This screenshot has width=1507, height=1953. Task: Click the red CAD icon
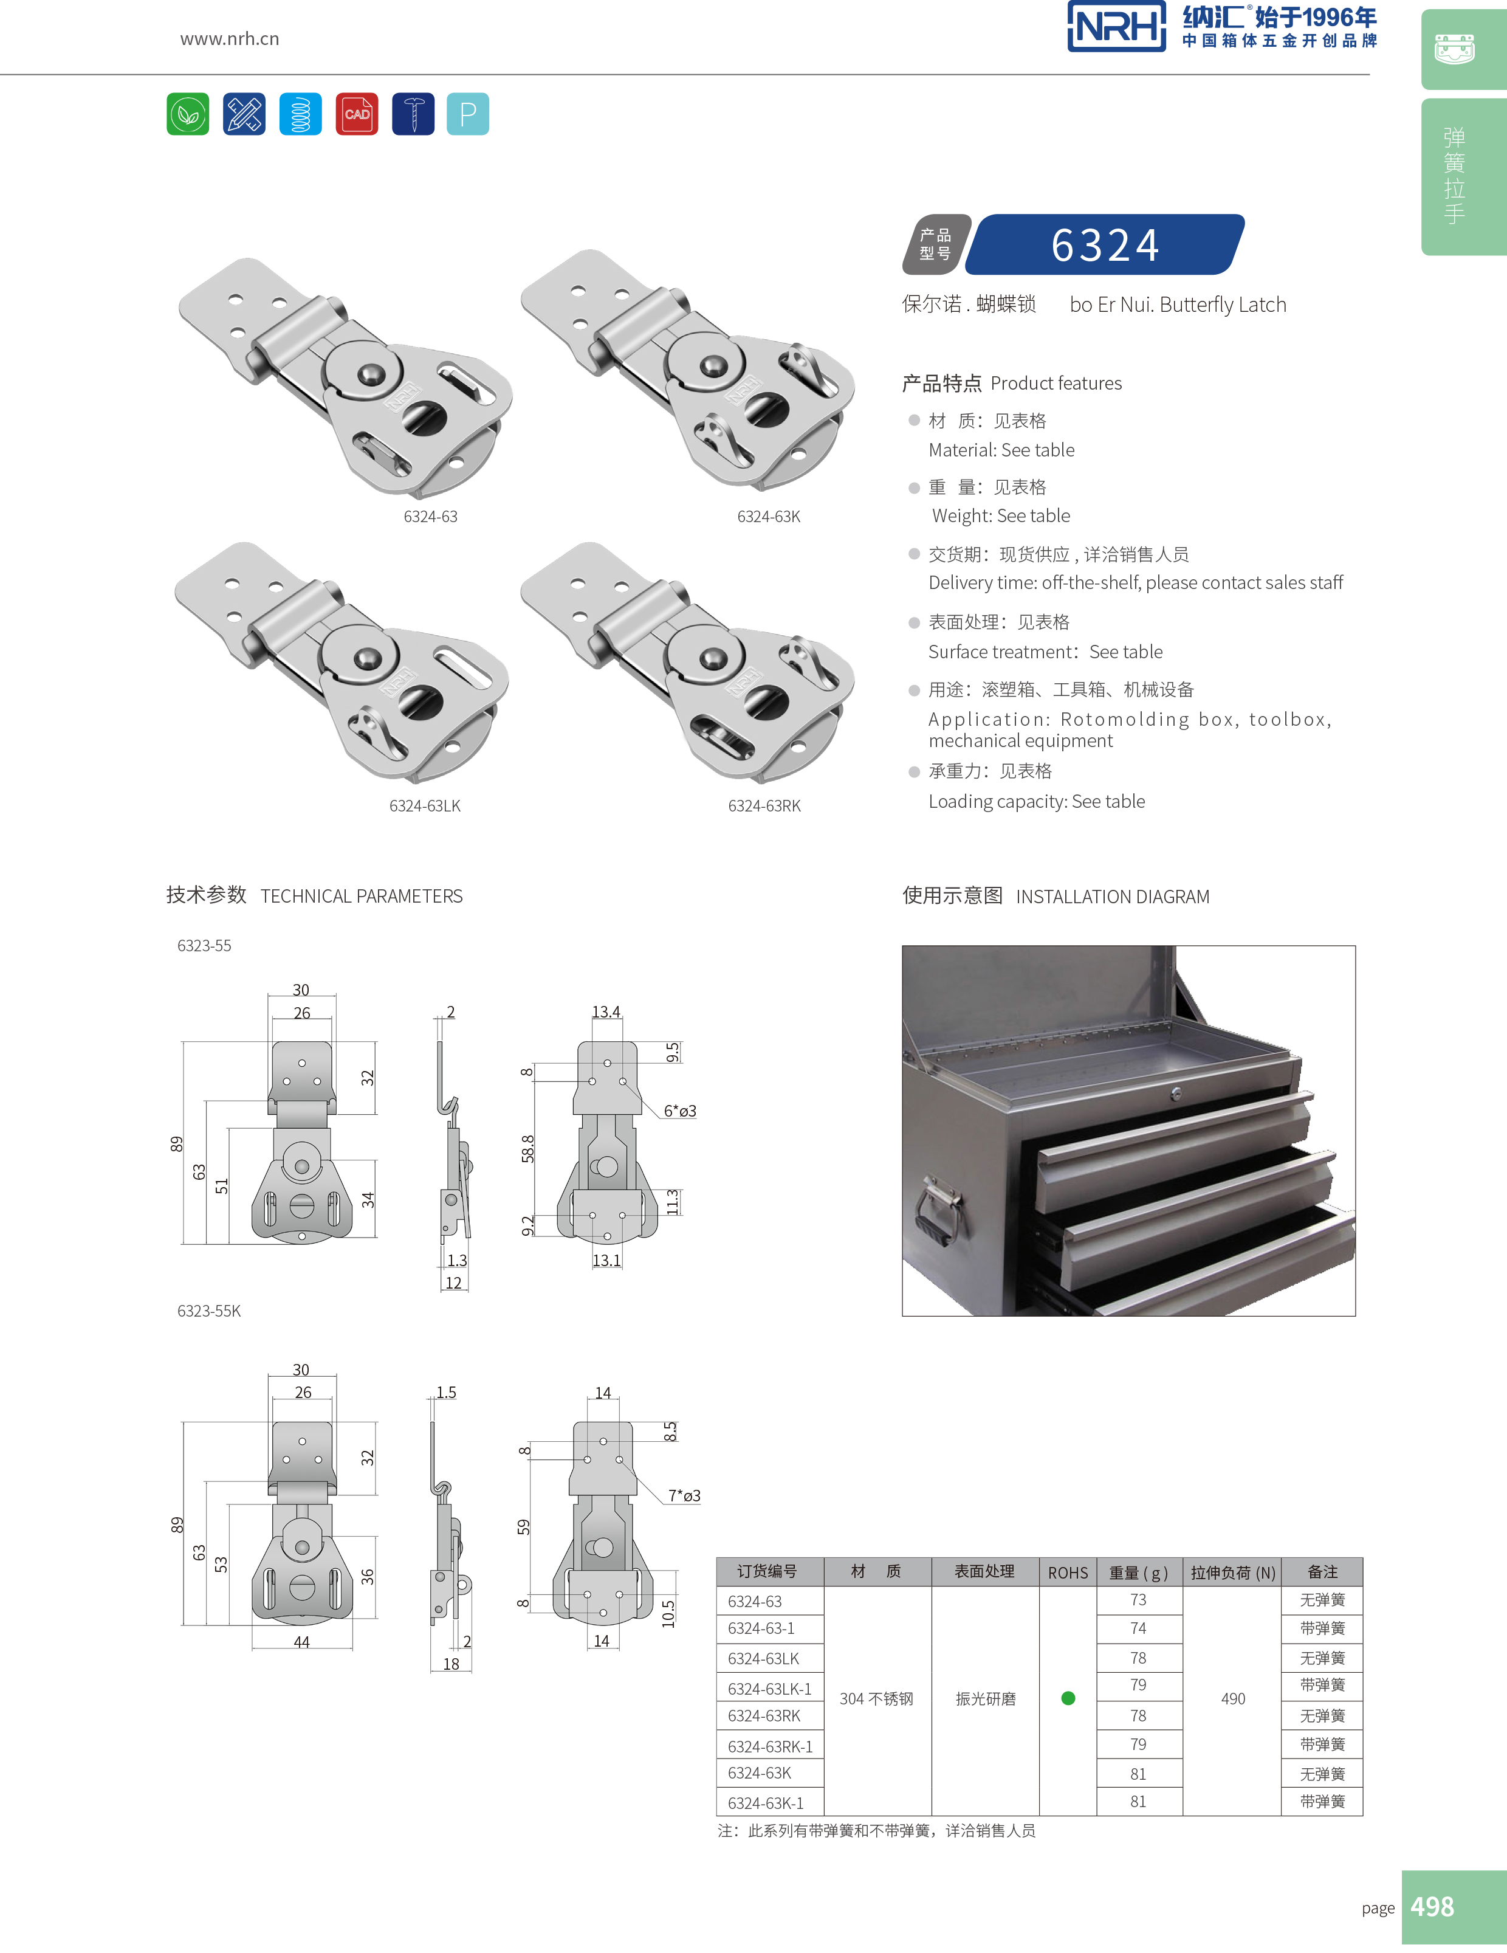(357, 114)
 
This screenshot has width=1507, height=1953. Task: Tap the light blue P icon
(467, 114)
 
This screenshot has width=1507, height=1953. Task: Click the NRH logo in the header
(1116, 27)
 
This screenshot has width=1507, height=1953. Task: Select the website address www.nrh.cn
(230, 38)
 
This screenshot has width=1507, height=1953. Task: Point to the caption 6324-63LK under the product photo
(425, 806)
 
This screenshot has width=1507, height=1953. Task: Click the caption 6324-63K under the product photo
(769, 516)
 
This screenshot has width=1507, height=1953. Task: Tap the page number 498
(1431, 1906)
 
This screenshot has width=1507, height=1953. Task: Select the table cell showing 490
(1232, 1698)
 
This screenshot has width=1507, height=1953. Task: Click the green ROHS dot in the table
(1068, 1698)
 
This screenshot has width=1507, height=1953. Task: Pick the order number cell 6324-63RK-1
(769, 1746)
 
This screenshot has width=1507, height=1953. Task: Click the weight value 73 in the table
(1138, 1600)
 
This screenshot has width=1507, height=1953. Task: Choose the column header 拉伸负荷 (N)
(1232, 1572)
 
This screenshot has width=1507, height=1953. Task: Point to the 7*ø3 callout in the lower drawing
(684, 1496)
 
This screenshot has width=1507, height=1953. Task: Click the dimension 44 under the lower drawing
(302, 1642)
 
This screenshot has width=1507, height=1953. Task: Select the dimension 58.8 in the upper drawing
(527, 1148)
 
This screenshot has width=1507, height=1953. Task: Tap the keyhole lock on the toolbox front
(1176, 1094)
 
